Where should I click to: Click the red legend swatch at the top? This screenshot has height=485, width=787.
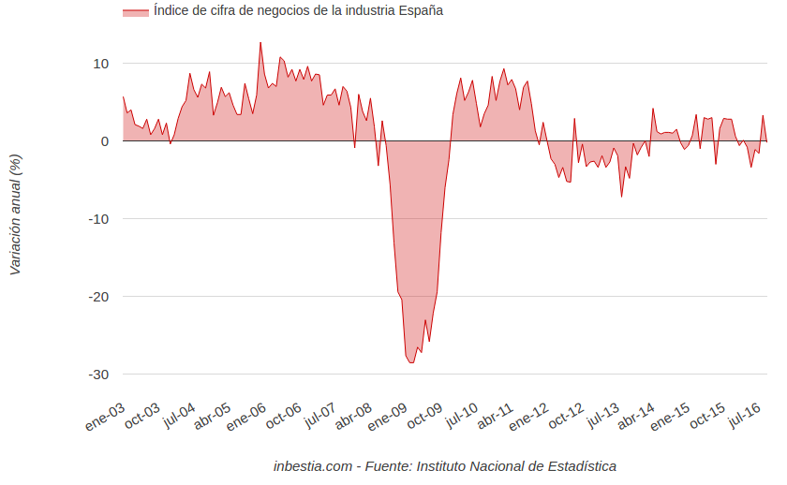[x=136, y=11]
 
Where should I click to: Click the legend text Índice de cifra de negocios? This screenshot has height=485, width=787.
[x=298, y=11]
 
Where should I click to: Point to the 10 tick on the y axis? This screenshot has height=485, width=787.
[x=99, y=64]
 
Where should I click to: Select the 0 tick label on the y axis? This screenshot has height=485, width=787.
[x=104, y=141]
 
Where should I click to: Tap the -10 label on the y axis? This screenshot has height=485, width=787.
[x=97, y=219]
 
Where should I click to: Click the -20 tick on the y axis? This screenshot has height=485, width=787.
[x=97, y=297]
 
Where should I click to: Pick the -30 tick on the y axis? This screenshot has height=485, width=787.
[x=97, y=375]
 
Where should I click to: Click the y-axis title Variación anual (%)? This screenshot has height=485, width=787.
[x=15, y=213]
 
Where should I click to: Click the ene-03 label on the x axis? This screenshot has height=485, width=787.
[x=105, y=418]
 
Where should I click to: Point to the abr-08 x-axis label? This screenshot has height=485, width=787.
[x=353, y=418]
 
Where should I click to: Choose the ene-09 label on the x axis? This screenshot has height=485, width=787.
[x=387, y=418]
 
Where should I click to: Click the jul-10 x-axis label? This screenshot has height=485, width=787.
[x=460, y=417]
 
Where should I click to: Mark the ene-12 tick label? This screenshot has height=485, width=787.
[x=528, y=418]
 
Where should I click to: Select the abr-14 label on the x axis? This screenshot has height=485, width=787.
[x=635, y=418]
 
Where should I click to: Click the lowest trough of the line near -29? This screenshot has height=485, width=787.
[x=411, y=363]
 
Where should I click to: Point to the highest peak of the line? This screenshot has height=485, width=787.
[x=260, y=42]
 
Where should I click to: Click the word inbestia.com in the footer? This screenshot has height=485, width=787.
[x=313, y=466]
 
